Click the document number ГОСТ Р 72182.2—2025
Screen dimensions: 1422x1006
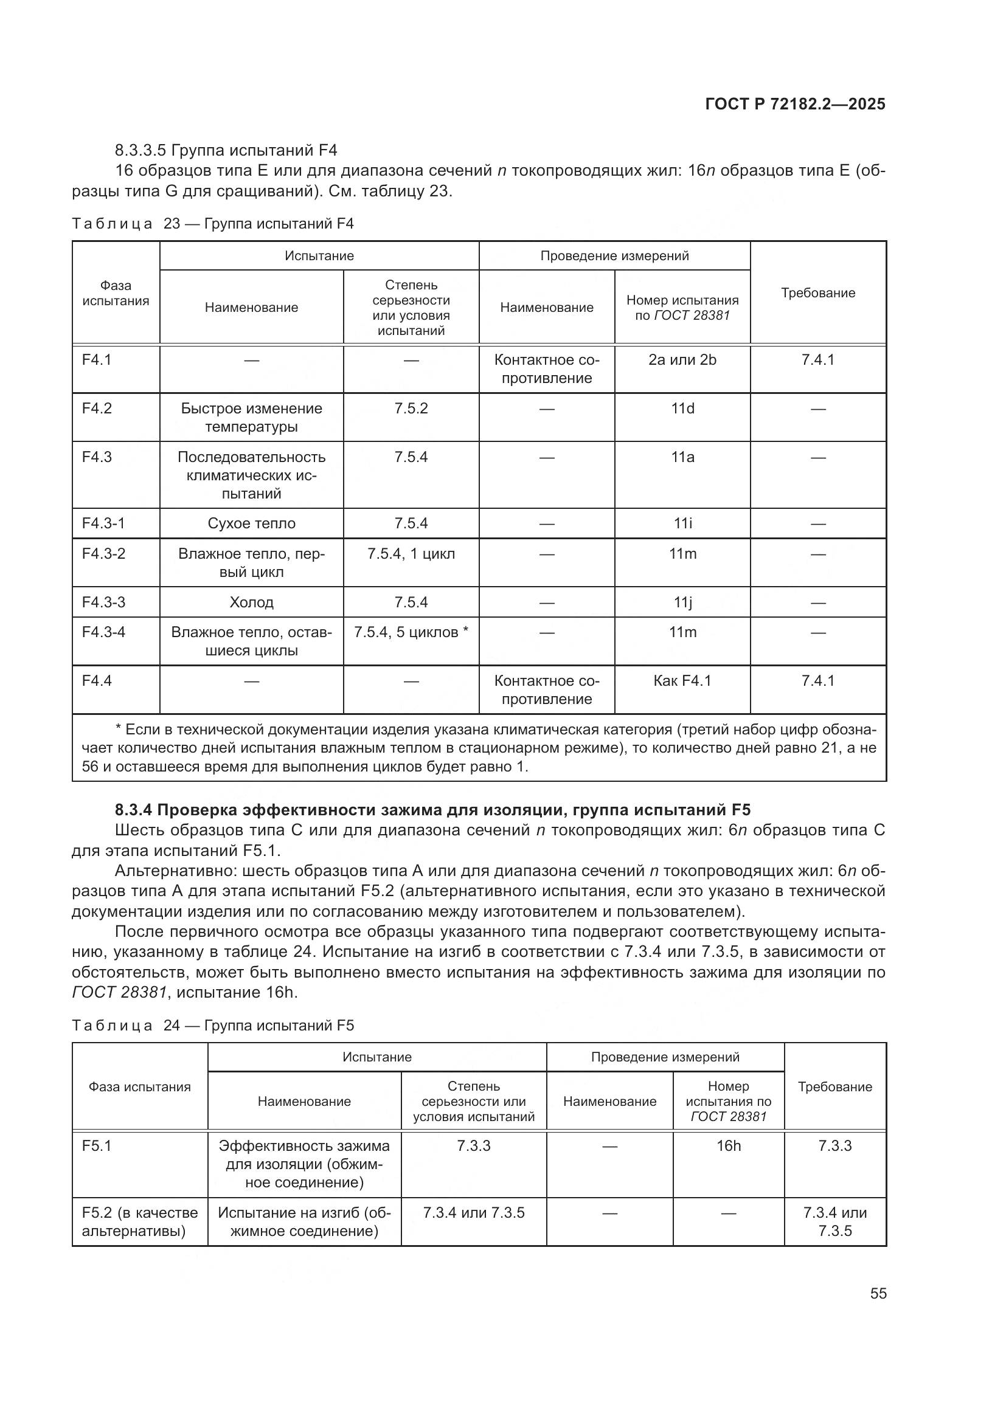click(x=795, y=104)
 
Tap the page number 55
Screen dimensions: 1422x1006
click(x=878, y=1293)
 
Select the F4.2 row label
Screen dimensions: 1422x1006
click(x=97, y=409)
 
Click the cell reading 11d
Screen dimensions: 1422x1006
click(x=682, y=409)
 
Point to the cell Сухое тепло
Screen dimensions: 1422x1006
click(x=252, y=523)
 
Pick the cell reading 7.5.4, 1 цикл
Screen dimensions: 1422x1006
click(x=411, y=554)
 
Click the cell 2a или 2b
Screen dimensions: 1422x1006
click(x=682, y=360)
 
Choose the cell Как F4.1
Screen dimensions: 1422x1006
click(x=682, y=681)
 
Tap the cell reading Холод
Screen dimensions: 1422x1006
click(x=252, y=602)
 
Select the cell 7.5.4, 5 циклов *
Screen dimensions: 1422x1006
click(x=411, y=632)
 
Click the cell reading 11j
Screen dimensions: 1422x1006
click(x=682, y=602)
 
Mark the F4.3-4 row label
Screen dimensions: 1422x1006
click(x=103, y=632)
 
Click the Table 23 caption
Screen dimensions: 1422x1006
click(x=212, y=224)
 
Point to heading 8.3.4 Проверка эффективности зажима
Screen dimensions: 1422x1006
click(x=432, y=809)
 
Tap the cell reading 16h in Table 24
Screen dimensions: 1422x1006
click(x=729, y=1146)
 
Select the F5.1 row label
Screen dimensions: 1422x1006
click(x=97, y=1146)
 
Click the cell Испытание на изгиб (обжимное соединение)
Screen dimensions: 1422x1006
click(x=304, y=1221)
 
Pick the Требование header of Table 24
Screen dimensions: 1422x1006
click(x=834, y=1086)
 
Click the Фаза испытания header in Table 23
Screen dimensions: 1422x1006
click(x=116, y=293)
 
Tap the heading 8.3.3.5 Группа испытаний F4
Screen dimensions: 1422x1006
click(x=226, y=150)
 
